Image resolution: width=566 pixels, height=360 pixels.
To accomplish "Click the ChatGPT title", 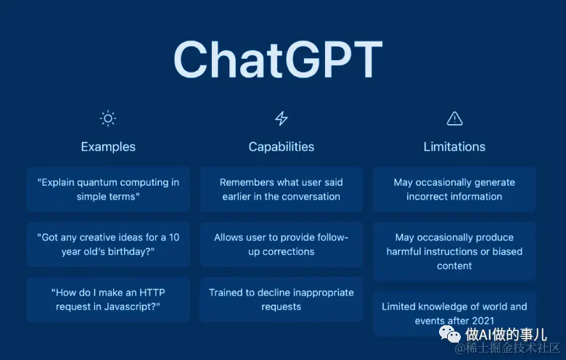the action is click(278, 60).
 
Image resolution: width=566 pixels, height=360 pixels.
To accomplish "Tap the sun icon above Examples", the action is click(108, 118).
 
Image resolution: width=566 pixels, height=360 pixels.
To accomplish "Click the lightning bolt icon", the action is click(282, 118).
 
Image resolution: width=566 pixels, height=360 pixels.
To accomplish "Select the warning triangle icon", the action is click(454, 118).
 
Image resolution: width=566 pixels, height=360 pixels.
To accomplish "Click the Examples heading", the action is click(108, 147).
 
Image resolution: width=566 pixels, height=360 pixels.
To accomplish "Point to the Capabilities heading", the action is click(282, 147).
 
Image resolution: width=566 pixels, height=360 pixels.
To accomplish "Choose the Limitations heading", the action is click(454, 147).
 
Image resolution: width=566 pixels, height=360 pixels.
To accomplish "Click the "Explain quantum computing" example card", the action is click(108, 189).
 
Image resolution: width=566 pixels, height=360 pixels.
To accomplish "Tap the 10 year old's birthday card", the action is click(108, 245).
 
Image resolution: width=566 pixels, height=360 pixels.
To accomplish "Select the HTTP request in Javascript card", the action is click(108, 299).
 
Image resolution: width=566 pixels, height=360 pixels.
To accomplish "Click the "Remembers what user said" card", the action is click(282, 189).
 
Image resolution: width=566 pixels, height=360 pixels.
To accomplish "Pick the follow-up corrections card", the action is click(282, 245).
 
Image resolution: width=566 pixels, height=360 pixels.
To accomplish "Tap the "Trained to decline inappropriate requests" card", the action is click(282, 299).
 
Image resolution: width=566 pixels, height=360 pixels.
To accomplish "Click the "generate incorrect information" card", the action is click(454, 189).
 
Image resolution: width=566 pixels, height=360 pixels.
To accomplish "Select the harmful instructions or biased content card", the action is click(454, 251).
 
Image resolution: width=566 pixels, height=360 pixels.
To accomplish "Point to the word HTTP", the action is click(152, 292).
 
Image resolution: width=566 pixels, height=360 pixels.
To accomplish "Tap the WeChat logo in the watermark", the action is click(449, 334).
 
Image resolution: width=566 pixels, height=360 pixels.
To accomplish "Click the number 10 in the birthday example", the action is click(174, 237).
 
